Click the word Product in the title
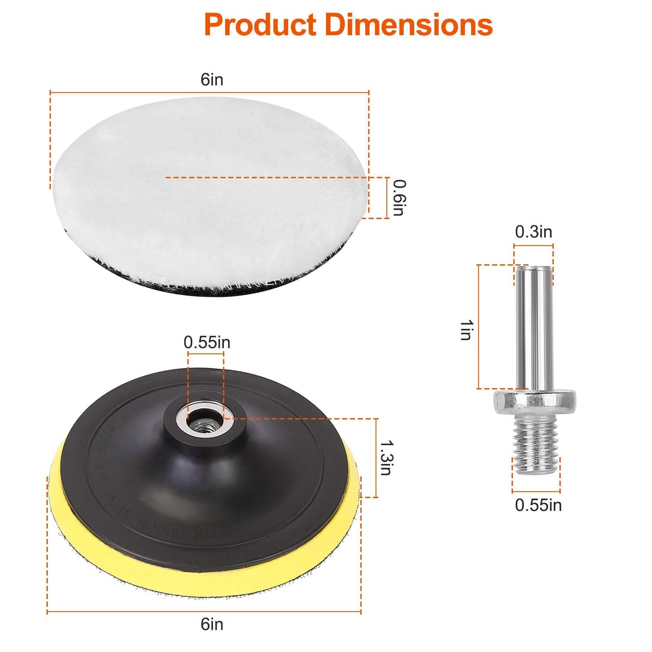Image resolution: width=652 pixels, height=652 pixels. tap(260, 25)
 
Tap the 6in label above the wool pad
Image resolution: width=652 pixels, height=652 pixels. tap(212, 80)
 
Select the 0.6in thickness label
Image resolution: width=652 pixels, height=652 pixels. tap(398, 198)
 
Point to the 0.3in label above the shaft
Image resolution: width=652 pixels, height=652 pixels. tap(533, 232)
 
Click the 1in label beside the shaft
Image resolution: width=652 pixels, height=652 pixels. tap(466, 329)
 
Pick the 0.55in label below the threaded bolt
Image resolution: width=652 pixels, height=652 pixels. tap(538, 505)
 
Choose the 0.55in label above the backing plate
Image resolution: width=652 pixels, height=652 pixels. tap(207, 342)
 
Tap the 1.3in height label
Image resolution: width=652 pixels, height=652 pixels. tap(386, 458)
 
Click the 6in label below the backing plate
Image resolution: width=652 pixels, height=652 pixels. tap(212, 624)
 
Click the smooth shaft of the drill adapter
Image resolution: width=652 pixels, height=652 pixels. tap(533, 326)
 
